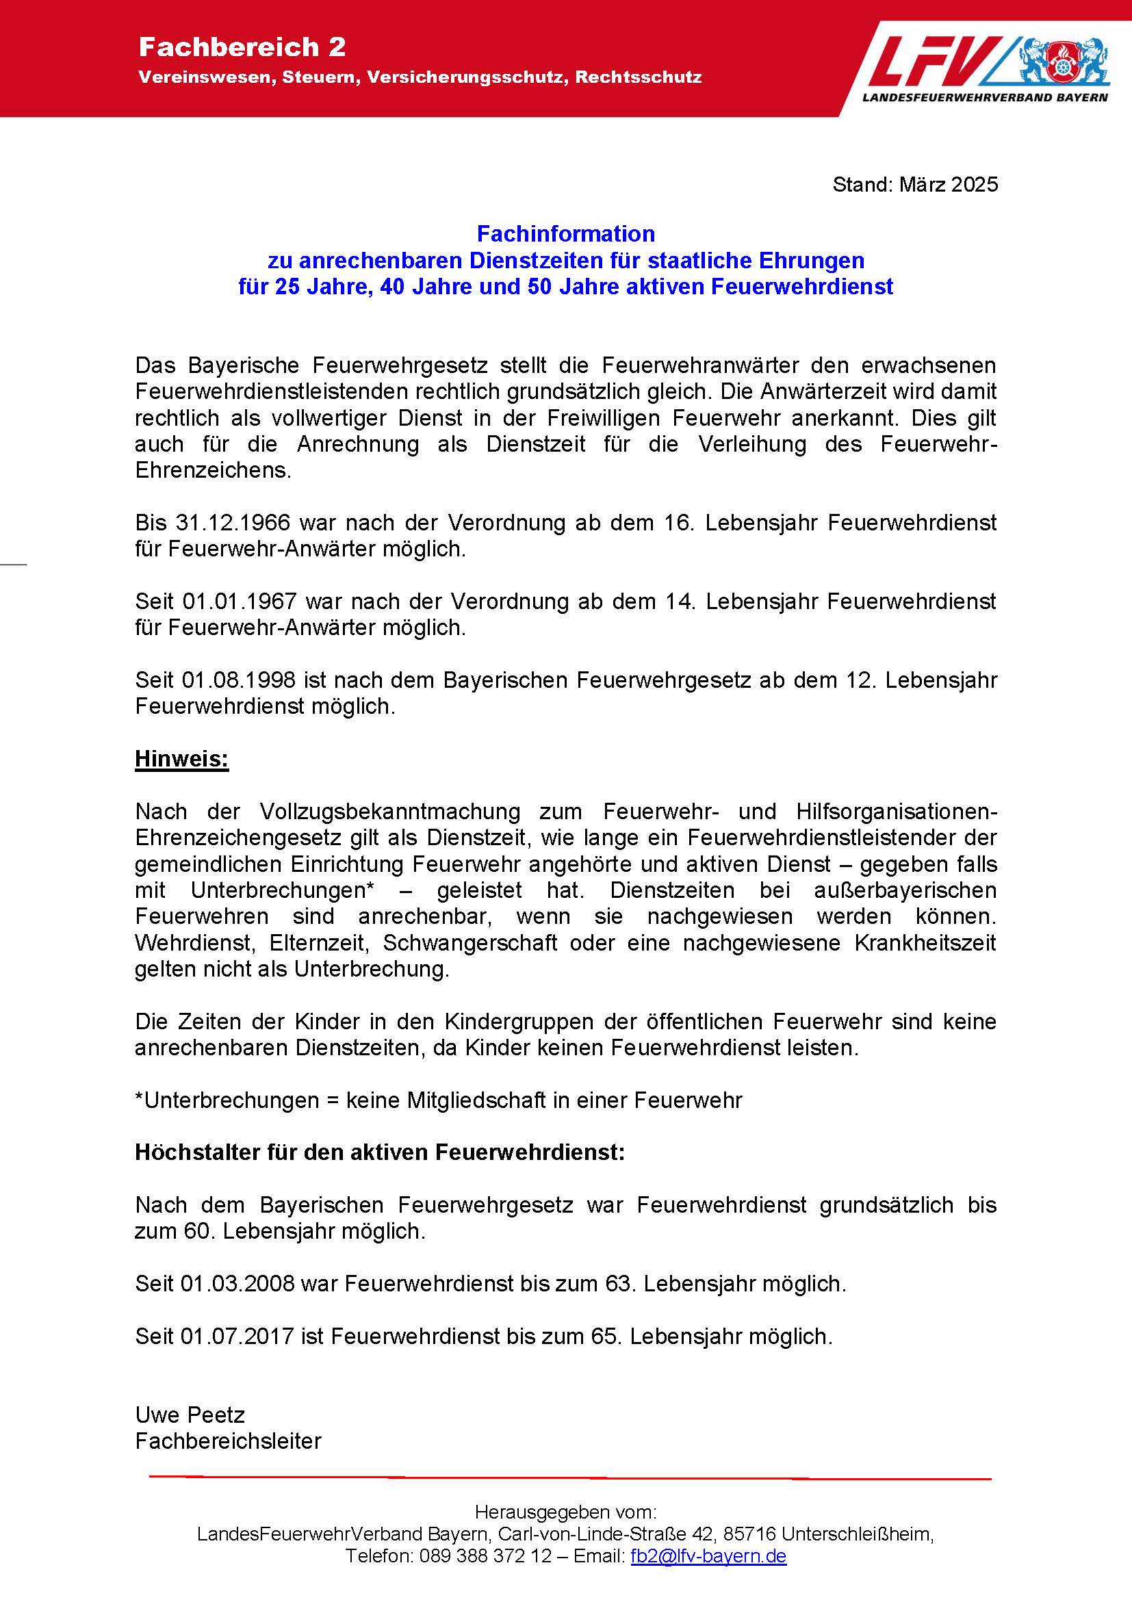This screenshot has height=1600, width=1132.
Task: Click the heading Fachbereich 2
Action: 242,47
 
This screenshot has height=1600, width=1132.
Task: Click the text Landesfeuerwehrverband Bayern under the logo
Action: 984,98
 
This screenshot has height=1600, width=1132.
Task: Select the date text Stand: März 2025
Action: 914,185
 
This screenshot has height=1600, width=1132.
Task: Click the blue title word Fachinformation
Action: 565,233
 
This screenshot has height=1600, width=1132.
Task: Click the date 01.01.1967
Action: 240,602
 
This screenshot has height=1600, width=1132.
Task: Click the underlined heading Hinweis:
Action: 182,759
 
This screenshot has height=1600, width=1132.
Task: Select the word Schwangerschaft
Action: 469,943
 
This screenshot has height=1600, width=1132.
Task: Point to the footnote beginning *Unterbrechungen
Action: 438,1100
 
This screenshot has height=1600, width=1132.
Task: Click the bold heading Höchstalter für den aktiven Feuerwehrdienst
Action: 379,1152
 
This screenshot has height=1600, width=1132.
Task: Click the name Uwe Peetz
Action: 190,1415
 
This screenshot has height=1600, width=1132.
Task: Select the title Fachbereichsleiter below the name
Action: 228,1441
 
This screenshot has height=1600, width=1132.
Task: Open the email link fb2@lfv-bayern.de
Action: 708,1556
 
